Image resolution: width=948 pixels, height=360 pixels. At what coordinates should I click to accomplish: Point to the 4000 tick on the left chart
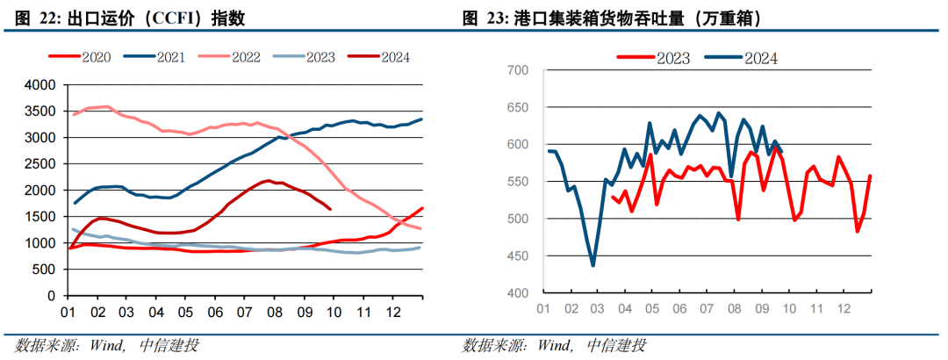(39, 85)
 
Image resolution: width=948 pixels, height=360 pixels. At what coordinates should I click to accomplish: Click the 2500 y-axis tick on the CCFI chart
(39, 164)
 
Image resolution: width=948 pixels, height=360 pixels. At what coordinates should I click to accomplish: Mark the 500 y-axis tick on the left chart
(44, 270)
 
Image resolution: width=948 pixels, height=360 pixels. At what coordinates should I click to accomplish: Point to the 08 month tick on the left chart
(275, 311)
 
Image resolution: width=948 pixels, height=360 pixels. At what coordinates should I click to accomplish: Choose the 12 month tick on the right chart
(844, 309)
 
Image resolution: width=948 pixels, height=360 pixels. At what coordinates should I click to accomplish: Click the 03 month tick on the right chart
(597, 309)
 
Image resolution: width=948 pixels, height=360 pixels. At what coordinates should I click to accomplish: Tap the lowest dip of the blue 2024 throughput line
(593, 264)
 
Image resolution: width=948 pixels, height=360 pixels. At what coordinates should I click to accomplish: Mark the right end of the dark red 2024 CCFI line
(330, 209)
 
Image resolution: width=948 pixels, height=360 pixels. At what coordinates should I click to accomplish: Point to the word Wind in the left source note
(108, 344)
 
